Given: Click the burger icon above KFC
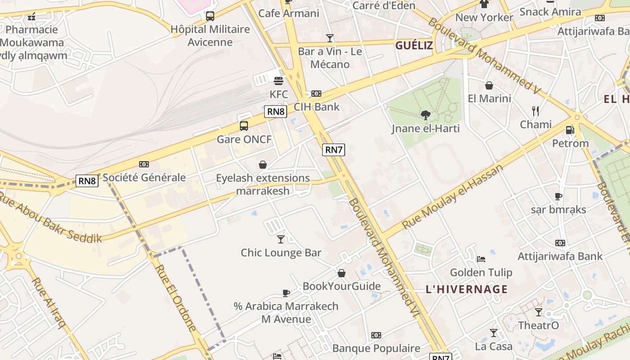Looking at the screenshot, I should [279, 81].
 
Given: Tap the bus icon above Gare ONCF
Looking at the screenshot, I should [244, 126].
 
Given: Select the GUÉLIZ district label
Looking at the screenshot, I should [414, 45].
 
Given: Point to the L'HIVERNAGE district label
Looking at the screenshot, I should [467, 289].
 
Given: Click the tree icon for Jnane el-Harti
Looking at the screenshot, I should [425, 116].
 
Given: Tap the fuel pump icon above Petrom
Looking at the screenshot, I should [570, 130].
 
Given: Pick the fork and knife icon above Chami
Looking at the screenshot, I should [535, 111].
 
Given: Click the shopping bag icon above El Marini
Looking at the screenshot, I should [489, 85].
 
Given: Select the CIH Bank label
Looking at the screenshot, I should [316, 107].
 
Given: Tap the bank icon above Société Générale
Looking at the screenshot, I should [144, 164].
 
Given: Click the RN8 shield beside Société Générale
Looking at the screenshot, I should [87, 181].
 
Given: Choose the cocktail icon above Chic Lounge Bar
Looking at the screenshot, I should [281, 239].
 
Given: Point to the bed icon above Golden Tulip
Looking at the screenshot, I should [481, 259].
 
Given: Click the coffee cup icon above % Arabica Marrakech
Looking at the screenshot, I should [286, 293].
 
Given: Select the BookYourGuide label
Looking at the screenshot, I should [342, 286].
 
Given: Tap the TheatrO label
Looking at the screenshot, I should [539, 325].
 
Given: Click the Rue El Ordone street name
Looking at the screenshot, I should [175, 297].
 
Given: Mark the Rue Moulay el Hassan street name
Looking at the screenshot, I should [452, 197].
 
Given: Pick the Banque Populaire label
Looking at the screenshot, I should [376, 348].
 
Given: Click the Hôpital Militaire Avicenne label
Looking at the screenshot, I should [210, 36].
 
